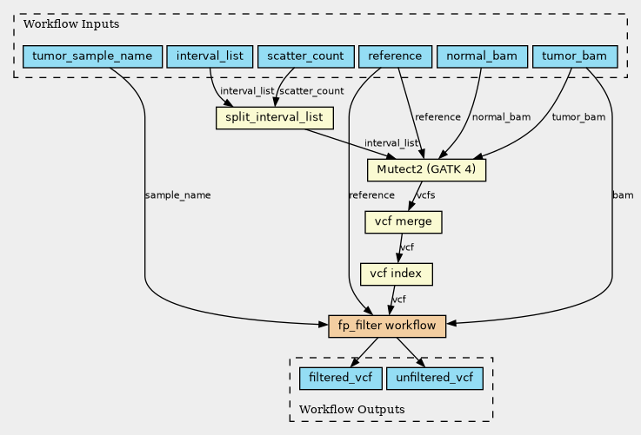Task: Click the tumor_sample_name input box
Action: click(x=92, y=56)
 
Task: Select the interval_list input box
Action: click(x=210, y=56)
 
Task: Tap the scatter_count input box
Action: click(x=306, y=56)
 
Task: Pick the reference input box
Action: click(x=395, y=56)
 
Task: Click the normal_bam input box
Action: click(x=482, y=56)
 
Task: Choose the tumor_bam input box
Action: click(x=574, y=56)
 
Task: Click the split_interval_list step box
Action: click(x=274, y=118)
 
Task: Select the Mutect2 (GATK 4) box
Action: click(x=426, y=170)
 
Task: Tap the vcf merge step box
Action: click(x=403, y=222)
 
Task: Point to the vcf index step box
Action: click(x=396, y=274)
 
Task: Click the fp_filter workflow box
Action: click(x=387, y=326)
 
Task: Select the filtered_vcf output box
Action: click(x=341, y=379)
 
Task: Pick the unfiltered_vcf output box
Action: click(x=435, y=379)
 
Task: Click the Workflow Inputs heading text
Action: click(x=71, y=24)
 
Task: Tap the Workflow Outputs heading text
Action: click(x=352, y=409)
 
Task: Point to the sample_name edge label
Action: click(x=177, y=195)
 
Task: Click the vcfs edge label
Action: click(x=425, y=195)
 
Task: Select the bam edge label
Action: click(x=623, y=195)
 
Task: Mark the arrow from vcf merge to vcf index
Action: click(x=400, y=248)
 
